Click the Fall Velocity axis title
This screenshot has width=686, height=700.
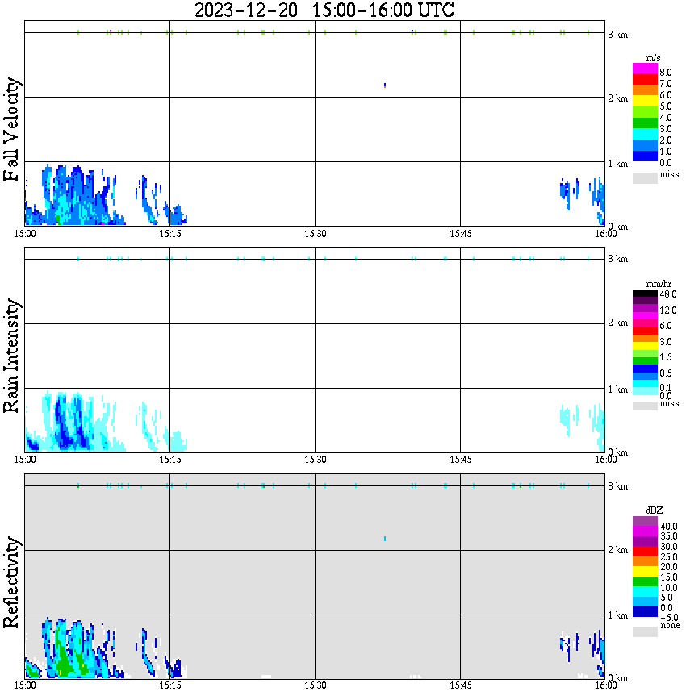(11, 130)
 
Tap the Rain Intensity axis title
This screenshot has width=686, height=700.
(11, 356)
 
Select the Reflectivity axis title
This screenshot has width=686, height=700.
(11, 581)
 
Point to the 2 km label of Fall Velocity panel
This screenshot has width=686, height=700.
(617, 98)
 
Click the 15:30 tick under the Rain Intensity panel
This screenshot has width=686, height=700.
(315, 459)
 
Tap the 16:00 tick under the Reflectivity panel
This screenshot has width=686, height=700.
(606, 685)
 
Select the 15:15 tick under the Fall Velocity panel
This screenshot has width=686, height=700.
(169, 233)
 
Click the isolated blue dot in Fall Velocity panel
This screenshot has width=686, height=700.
(385, 85)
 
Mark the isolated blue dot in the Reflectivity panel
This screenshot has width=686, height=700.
(385, 538)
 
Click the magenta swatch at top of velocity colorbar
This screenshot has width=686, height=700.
(644, 69)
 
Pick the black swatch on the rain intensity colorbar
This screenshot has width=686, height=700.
(644, 294)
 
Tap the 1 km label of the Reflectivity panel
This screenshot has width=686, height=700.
(617, 615)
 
